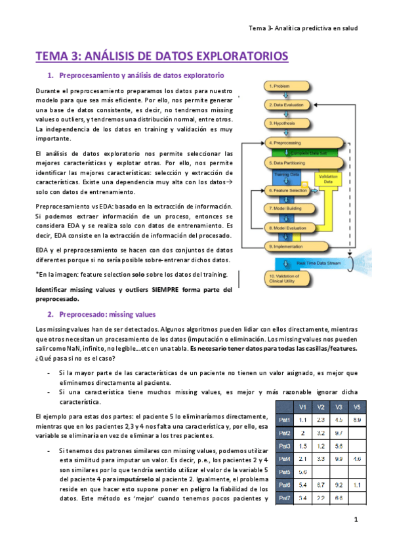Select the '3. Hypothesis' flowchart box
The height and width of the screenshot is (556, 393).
click(289, 123)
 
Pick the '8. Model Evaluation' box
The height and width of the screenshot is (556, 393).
click(289, 228)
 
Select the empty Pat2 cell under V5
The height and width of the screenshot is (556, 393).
click(356, 433)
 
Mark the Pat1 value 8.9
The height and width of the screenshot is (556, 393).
click(356, 420)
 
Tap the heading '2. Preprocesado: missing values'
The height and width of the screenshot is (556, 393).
click(107, 314)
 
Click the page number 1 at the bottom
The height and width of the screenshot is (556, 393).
click(355, 521)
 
